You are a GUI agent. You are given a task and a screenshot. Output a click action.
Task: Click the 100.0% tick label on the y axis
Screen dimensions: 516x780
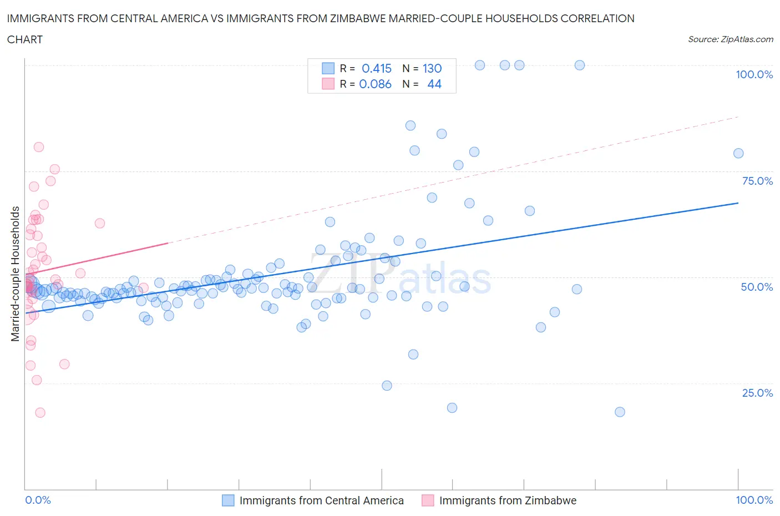[x=754, y=75]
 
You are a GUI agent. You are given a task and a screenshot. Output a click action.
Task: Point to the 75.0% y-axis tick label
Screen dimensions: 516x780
[x=757, y=181]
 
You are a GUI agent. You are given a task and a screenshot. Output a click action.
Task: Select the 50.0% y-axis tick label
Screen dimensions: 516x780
[x=757, y=287]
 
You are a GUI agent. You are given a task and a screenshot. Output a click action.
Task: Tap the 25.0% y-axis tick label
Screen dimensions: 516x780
[x=757, y=393]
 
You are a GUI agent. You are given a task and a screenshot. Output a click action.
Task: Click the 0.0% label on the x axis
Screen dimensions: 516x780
[x=38, y=500]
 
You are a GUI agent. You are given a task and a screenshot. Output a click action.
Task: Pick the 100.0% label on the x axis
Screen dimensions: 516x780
[x=754, y=500]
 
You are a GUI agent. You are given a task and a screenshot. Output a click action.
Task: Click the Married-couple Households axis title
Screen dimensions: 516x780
[x=16, y=274]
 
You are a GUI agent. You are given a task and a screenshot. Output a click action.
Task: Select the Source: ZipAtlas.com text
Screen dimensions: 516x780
[x=730, y=39]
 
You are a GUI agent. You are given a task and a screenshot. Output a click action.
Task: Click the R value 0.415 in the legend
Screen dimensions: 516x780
[x=377, y=68]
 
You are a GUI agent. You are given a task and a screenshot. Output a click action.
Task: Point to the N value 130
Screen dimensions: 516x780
[x=432, y=68]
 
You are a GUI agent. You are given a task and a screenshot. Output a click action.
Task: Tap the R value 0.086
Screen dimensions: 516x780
[x=376, y=84]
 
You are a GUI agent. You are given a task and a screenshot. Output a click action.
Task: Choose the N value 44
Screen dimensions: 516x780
[x=434, y=84]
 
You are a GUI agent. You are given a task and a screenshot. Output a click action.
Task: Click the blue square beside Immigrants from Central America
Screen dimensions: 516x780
[x=228, y=500]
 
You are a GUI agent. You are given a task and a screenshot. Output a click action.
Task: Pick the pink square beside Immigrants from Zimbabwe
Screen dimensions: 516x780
[x=428, y=500]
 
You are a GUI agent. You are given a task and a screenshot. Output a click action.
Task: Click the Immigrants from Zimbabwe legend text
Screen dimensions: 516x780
[x=508, y=500]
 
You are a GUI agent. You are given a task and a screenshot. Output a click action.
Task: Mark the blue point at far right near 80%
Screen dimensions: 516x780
[x=738, y=154]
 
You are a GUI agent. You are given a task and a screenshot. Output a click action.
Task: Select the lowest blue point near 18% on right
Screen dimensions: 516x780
[x=620, y=412]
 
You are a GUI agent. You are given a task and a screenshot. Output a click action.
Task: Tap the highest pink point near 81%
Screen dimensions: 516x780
[x=39, y=147]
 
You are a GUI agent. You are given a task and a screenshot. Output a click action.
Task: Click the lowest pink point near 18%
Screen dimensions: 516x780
[x=40, y=413]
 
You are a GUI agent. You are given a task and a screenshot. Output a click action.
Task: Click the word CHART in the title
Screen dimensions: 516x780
[x=25, y=39]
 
